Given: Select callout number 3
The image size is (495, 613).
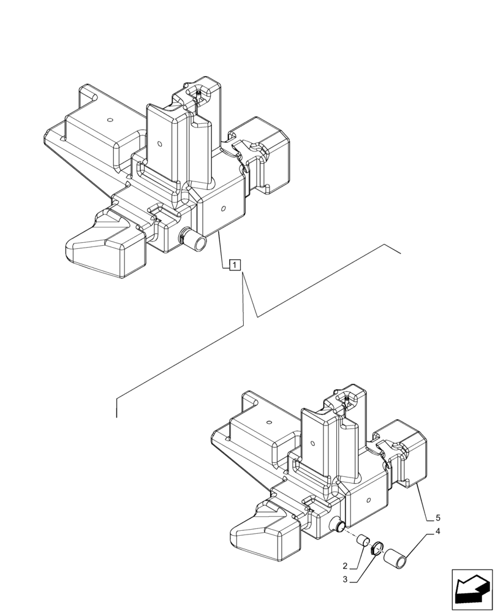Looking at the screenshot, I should [x=346, y=579].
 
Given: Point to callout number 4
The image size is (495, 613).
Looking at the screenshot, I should [x=437, y=532].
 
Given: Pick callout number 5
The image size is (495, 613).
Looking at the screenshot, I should [x=437, y=517].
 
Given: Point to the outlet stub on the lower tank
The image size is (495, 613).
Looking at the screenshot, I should [x=338, y=525].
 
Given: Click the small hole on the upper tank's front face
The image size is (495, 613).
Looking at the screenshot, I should [x=224, y=208].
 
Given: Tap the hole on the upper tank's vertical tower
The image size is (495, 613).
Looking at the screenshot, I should [x=159, y=145].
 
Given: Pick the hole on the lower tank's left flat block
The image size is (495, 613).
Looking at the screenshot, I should [x=268, y=421].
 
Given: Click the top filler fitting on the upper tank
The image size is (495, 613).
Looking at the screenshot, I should [x=200, y=93].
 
